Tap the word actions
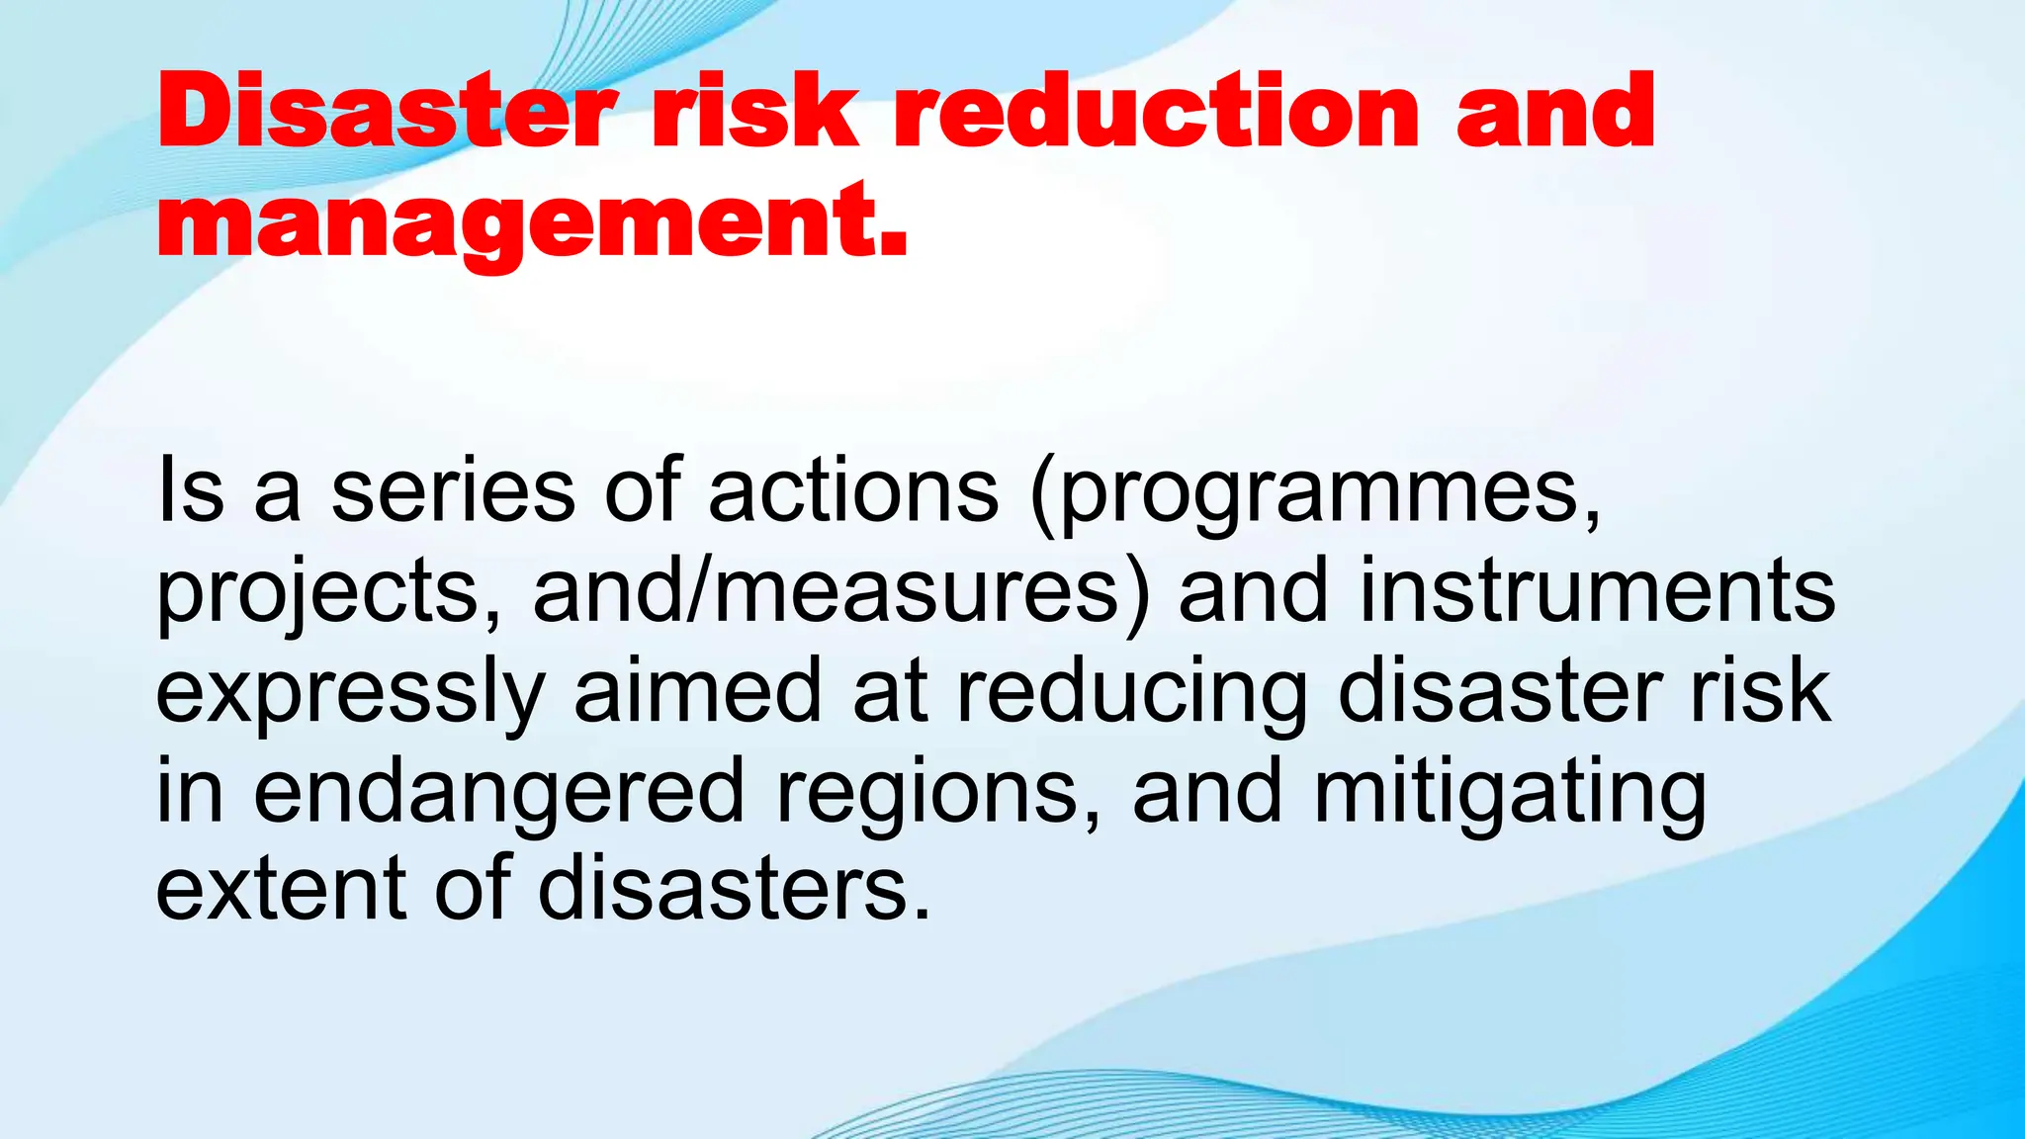(x=853, y=491)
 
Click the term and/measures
(x=840, y=593)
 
